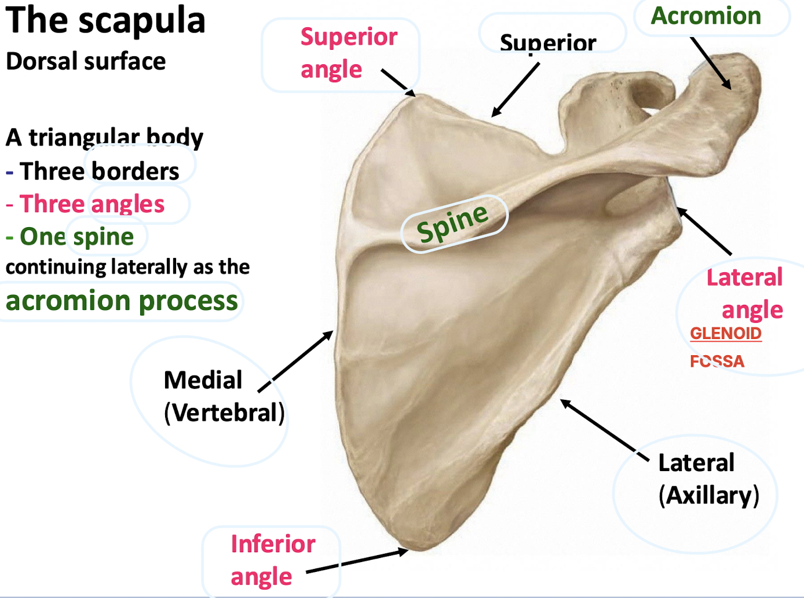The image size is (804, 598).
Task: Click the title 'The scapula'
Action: click(105, 21)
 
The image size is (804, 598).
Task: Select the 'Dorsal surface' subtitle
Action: click(86, 61)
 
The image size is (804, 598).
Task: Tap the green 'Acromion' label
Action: click(706, 16)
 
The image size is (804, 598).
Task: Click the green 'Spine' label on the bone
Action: click(453, 223)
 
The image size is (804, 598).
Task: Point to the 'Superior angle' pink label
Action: click(348, 53)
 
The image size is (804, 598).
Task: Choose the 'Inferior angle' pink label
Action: click(272, 560)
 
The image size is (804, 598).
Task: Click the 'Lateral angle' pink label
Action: click(745, 293)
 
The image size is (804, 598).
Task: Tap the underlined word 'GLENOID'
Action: click(725, 334)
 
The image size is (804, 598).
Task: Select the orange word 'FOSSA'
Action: click(717, 362)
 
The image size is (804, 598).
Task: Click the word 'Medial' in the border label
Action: click(203, 381)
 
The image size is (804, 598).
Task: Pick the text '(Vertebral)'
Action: click(224, 413)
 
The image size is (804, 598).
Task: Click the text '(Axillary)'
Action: click(708, 495)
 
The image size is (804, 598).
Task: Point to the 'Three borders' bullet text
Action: click(99, 172)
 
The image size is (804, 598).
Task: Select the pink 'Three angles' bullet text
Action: click(92, 204)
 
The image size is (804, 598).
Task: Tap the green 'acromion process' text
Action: click(122, 301)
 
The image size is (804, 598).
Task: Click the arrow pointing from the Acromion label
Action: click(711, 63)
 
